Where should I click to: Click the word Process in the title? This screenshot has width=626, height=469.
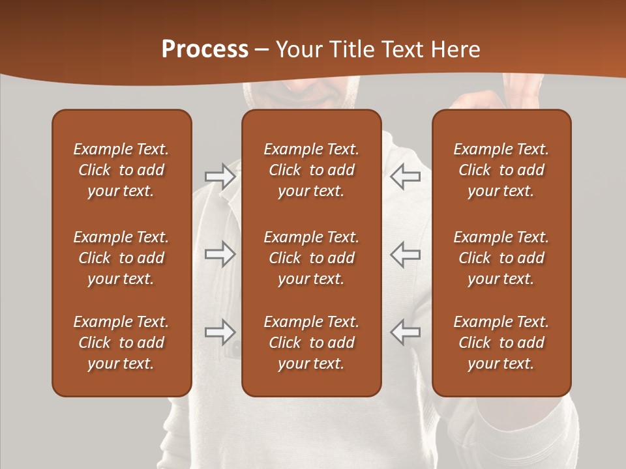(x=205, y=50)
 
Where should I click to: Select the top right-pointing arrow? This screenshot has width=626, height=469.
(x=220, y=177)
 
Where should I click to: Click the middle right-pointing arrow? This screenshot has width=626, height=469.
(x=220, y=254)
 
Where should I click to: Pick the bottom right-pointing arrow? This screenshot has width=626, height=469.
(x=220, y=332)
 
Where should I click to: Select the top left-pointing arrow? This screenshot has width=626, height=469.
(x=406, y=177)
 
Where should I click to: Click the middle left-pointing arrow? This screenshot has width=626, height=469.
(x=406, y=254)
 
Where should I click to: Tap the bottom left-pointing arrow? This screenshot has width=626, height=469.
(x=406, y=332)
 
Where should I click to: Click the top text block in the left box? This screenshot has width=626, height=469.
(x=121, y=170)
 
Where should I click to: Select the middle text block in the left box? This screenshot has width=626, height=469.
(x=121, y=258)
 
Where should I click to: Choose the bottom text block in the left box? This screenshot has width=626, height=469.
(x=121, y=343)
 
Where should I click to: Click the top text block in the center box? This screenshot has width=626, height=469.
(x=311, y=170)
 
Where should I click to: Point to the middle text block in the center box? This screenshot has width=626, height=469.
(x=311, y=258)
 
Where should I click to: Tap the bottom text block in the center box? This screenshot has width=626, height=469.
(x=311, y=343)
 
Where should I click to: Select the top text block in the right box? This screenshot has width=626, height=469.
(x=501, y=170)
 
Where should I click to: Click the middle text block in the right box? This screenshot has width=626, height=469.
(x=501, y=258)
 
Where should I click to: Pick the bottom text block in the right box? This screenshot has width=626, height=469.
(x=501, y=343)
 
